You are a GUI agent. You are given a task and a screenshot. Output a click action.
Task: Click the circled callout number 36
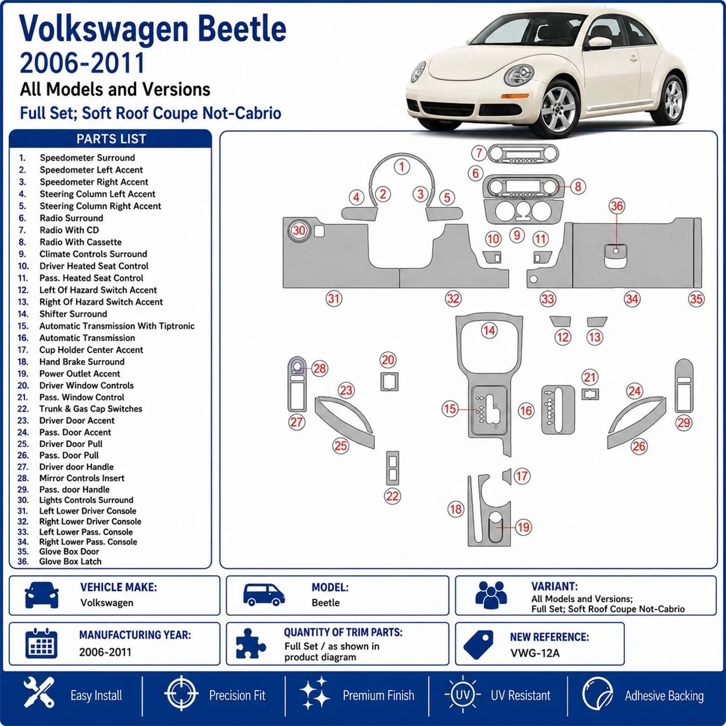tap(617, 206)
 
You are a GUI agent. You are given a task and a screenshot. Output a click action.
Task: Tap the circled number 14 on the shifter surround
tap(489, 330)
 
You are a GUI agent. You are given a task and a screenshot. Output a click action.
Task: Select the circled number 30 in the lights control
tap(299, 230)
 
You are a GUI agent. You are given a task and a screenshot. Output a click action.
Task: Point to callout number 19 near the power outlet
tap(523, 527)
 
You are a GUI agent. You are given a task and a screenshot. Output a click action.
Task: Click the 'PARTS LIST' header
tap(111, 139)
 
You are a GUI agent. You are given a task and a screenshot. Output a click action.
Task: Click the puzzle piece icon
tap(250, 644)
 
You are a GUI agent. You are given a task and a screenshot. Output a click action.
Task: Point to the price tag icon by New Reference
tap(478, 645)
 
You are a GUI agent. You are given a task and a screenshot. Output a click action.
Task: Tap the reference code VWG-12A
tap(535, 653)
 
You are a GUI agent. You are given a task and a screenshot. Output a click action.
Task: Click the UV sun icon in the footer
tap(463, 695)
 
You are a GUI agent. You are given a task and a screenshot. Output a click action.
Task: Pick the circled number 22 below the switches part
tap(392, 496)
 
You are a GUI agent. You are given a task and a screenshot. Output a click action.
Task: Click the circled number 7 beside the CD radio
tap(479, 153)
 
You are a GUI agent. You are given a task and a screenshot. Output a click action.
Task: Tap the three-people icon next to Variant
tap(491, 595)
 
